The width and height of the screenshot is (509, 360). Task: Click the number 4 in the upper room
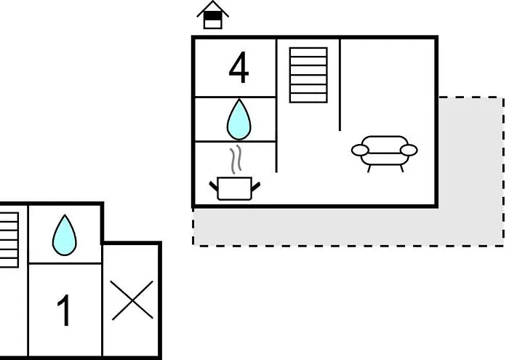pos(239,68)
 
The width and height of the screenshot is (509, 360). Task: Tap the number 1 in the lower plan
pos(64,310)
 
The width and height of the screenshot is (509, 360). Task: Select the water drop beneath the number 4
pos(239,119)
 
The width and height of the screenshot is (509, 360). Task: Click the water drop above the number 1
pos(65,235)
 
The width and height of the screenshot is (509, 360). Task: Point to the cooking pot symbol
pos(235,188)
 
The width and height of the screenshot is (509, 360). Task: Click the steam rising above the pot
pos(236,159)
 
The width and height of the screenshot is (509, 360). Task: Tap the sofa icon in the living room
pos(385,153)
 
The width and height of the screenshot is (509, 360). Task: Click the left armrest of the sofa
pos(360,151)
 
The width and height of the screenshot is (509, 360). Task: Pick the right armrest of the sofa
pos(409,151)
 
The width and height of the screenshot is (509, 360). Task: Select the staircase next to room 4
pos(308,75)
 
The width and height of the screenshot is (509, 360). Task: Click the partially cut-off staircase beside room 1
pos(9,240)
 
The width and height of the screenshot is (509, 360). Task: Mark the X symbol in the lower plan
pos(132,300)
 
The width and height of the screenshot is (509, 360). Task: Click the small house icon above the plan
pos(212,15)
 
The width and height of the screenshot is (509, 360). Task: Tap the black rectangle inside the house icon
pos(212,15)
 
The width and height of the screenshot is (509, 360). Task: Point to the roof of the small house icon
pos(212,8)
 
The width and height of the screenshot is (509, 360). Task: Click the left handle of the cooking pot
pos(214,186)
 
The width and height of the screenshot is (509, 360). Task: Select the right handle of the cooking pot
pos(256,186)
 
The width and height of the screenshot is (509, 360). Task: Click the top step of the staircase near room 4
pos(308,52)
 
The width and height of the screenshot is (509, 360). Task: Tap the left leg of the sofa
pos(369,169)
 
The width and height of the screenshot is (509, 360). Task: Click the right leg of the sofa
pos(402,169)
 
